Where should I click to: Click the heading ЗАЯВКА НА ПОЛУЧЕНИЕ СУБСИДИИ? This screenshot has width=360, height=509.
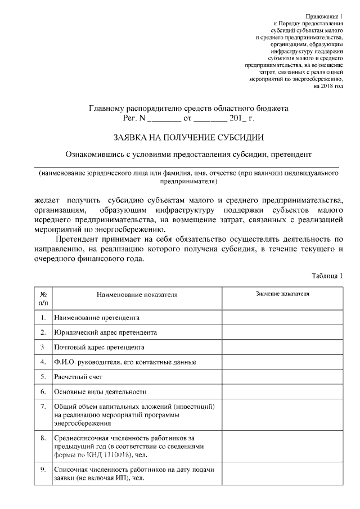(188, 137)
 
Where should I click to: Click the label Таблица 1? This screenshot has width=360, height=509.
(327, 276)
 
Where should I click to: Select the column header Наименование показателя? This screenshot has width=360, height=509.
(137, 294)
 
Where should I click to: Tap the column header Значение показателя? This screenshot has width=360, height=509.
(282, 294)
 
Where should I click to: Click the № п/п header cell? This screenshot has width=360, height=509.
(43, 298)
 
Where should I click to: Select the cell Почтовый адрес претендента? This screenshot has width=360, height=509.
(99, 347)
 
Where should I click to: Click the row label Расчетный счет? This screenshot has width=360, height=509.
(78, 376)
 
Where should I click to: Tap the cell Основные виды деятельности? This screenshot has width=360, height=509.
(100, 391)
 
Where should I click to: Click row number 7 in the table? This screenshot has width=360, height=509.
(43, 406)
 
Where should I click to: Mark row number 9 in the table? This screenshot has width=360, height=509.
(43, 469)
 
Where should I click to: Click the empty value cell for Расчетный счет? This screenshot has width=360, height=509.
(282, 376)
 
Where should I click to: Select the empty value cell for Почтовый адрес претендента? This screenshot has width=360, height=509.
(282, 347)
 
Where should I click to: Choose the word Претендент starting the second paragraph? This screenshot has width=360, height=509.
(79, 240)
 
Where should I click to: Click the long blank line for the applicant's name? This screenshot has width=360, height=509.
(188, 165)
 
